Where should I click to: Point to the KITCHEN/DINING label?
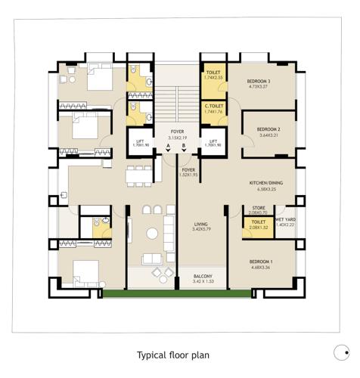coord(267,184)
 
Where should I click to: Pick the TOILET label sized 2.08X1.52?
coord(257,222)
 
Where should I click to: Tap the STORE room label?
coord(257,209)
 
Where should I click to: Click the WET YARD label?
coord(286,222)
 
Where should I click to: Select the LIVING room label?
coord(200,225)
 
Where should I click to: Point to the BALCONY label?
coord(202,277)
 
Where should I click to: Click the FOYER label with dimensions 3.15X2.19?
coord(177,132)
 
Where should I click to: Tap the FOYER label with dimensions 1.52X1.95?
coord(188,171)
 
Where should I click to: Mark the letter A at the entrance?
coord(169,145)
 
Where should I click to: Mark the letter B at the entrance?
coord(183,145)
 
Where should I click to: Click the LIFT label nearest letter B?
coord(213,141)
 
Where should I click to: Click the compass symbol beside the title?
coord(340,350)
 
